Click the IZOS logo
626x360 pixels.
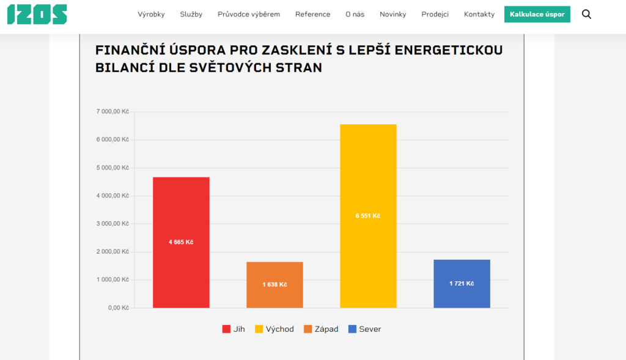(37, 14)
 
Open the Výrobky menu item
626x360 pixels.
(151, 14)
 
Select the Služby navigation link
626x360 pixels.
(191, 14)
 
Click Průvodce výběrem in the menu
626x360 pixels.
(249, 14)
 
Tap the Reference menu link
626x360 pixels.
(312, 14)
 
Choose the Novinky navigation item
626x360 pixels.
(392, 14)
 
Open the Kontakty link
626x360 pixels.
(479, 14)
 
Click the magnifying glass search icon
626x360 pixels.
(586, 14)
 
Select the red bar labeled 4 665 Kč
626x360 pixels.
(181, 242)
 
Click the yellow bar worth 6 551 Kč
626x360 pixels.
(368, 216)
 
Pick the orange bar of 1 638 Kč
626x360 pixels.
(274, 285)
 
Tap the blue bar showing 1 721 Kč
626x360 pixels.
(462, 284)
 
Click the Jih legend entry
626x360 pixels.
(234, 329)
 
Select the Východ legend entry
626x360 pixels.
(274, 329)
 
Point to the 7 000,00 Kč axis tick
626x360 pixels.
(112, 112)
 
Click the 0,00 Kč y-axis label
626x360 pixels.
(119, 308)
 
